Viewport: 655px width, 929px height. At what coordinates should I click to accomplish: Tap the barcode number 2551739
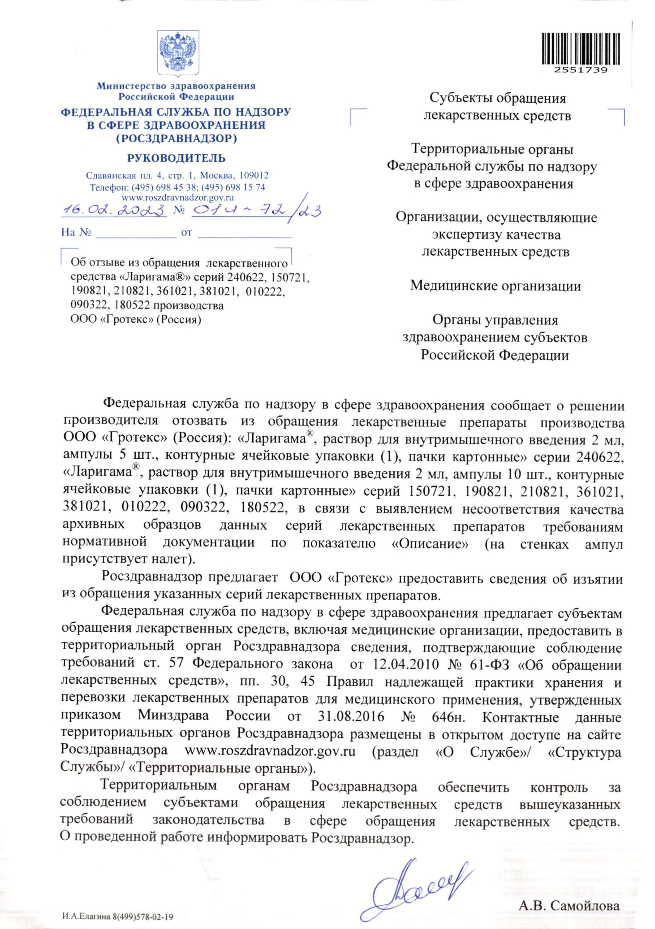point(580,70)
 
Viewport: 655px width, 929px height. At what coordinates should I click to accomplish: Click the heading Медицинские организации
point(495,286)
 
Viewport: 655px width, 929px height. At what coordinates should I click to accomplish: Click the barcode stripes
point(580,49)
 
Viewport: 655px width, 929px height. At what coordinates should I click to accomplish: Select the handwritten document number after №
point(256,210)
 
